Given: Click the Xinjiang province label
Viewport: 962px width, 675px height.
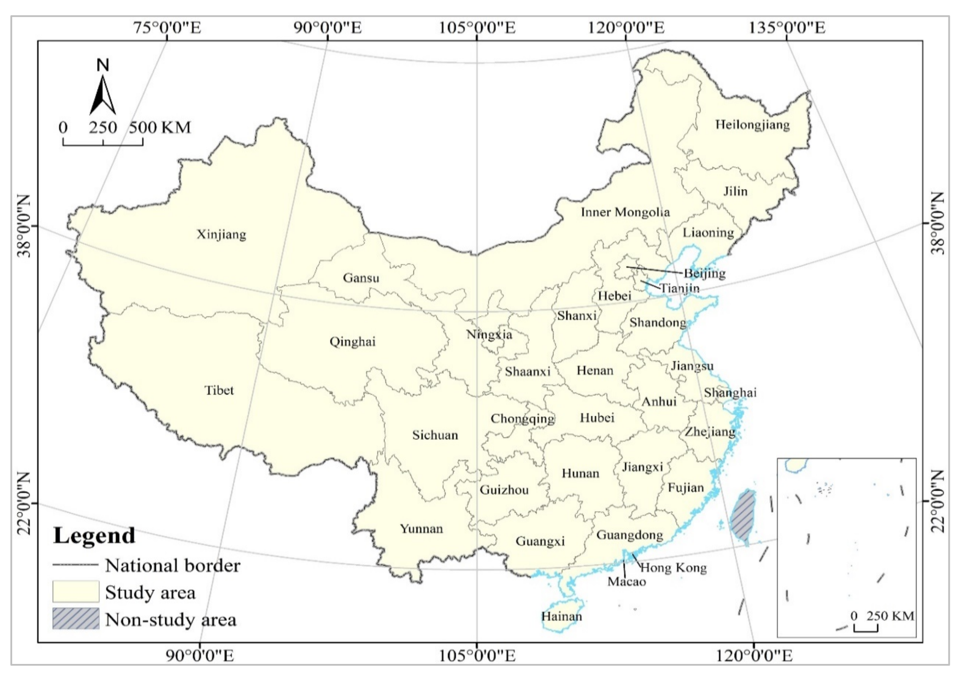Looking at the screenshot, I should [221, 234].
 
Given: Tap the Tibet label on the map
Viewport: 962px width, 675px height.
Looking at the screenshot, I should [219, 390].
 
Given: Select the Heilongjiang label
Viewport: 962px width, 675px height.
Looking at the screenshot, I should [752, 125].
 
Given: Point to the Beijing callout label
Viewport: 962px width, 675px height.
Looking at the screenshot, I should [704, 273].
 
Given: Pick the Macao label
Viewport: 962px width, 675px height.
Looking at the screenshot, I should [626, 581].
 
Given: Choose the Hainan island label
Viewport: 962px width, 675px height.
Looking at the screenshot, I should [561, 616].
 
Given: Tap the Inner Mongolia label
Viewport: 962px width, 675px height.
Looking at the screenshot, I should [625, 212].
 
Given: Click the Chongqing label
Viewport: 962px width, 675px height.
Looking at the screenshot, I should [522, 419].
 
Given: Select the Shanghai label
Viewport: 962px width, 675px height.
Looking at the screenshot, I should [730, 393].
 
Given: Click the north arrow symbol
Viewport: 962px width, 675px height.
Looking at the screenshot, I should [103, 94].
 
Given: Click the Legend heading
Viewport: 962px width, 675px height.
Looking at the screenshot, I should [94, 536].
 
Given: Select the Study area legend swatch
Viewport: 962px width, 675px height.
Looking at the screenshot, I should [76, 591].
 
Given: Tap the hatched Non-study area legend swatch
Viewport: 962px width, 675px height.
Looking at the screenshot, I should [76, 618].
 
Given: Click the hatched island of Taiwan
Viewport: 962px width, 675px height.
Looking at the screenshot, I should [743, 517].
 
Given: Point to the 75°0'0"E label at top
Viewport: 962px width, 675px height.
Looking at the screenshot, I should [168, 28].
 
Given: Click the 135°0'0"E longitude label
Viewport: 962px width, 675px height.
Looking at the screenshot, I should [787, 28].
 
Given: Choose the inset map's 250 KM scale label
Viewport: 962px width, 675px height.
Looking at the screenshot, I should [890, 616].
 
